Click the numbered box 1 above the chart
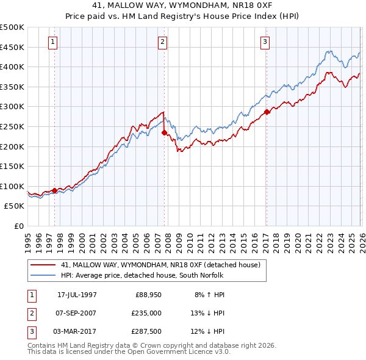click(53, 42)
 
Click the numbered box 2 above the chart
click(163, 42)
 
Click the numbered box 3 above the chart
click(266, 42)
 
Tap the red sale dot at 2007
click(164, 132)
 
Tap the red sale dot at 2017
click(267, 112)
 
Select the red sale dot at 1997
click(54, 190)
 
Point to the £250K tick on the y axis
click(12, 126)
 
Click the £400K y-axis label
click(12, 67)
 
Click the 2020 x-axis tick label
click(297, 239)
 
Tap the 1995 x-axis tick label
click(28, 239)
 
